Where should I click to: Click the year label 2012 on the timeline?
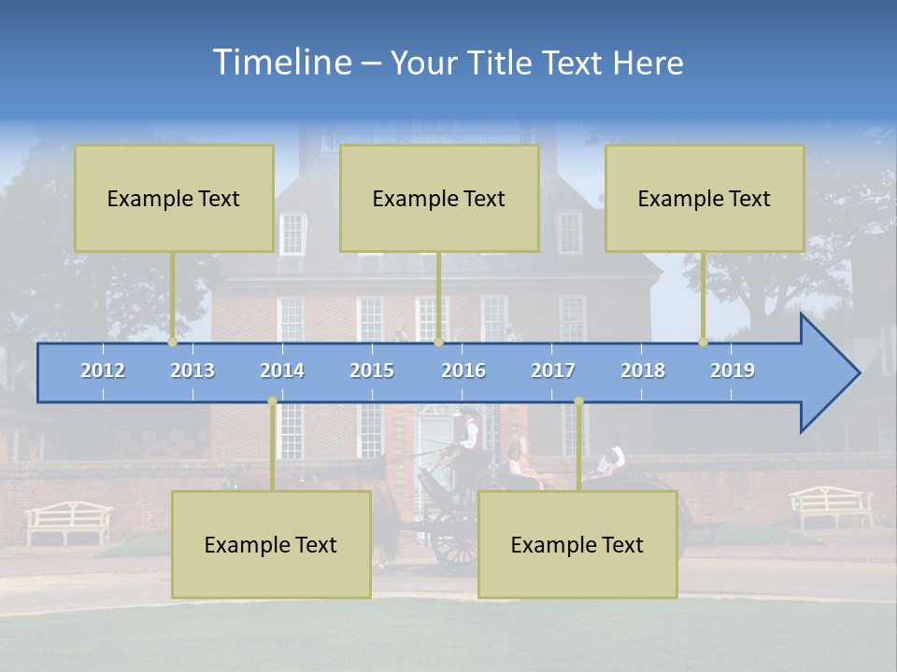coord(103,371)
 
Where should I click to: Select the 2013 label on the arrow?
coord(192,371)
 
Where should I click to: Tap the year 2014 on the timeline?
coord(282,371)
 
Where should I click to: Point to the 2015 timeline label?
coord(372,371)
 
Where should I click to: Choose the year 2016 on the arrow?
coord(463,371)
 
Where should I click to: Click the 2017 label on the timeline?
coord(553,371)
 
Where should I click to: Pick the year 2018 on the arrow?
coord(643,371)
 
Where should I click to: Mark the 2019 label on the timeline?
coord(733,371)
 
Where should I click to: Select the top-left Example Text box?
coord(174,199)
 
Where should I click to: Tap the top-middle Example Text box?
coord(439,199)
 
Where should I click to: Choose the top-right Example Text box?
coord(705,199)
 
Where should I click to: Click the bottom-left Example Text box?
coord(271,545)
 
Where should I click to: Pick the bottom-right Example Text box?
coord(577,545)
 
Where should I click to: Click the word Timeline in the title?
coord(282,63)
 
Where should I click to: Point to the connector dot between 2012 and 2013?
coord(173,343)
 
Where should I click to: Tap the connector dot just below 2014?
coord(272,401)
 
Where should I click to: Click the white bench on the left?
coord(68,522)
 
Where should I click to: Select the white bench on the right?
coord(831,507)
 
